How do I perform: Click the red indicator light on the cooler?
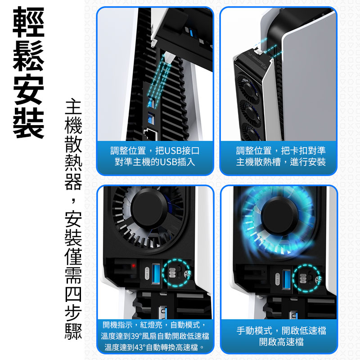coord(133,266)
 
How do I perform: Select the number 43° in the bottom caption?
coord(139,347)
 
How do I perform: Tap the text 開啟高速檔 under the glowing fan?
coord(281,342)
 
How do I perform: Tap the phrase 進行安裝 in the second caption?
coord(309,162)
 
